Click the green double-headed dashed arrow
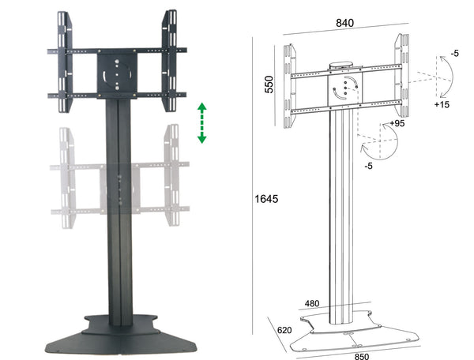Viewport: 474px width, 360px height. pyautogui.click(x=202, y=123)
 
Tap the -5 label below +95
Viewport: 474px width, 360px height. pyautogui.click(x=367, y=167)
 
